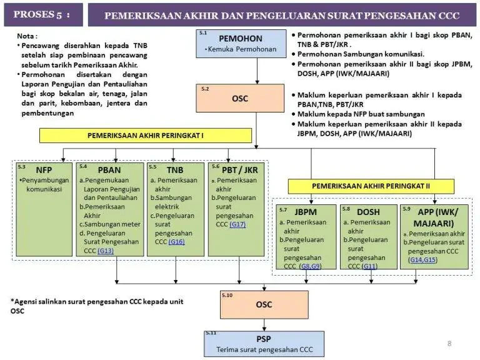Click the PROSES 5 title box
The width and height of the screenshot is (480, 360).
coord(42,14)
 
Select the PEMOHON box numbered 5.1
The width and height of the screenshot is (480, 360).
coord(241,43)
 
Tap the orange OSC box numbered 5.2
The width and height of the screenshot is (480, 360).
coord(241,98)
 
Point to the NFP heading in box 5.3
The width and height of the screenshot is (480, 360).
coord(44,169)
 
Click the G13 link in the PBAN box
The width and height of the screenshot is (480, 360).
coord(105,251)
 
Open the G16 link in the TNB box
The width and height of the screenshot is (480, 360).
coord(176,242)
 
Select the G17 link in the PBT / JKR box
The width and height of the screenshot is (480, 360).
coord(237,224)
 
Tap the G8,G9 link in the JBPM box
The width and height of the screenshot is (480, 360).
coord(311,266)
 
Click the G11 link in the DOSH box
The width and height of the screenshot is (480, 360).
coord(370,266)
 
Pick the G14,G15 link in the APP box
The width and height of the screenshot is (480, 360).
coord(422,259)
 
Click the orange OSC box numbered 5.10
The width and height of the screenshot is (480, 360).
coord(264,304)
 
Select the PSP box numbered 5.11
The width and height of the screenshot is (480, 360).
coord(264,343)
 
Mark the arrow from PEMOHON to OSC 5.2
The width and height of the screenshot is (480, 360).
coord(256,71)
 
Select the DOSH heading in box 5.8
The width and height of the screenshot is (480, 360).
coord(368,212)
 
